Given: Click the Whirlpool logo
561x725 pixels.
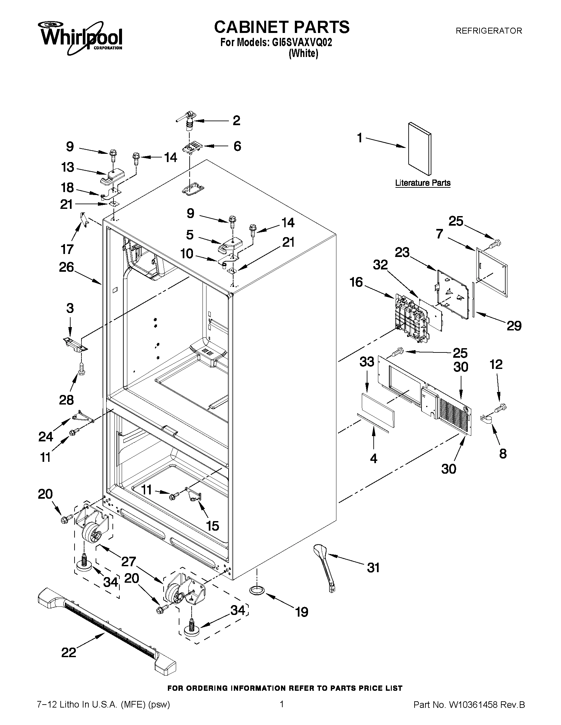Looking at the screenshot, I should (81, 38).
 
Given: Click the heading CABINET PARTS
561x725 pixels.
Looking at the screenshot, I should (282, 27).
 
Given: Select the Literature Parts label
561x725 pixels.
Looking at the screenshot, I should (422, 183).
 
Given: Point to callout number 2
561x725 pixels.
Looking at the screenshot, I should (236, 121).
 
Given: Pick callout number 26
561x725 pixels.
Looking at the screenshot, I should (66, 267).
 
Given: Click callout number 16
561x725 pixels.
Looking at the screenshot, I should (356, 282).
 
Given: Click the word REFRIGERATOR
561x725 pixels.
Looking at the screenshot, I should (488, 31).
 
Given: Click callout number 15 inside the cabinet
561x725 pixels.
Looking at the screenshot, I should (212, 525).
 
